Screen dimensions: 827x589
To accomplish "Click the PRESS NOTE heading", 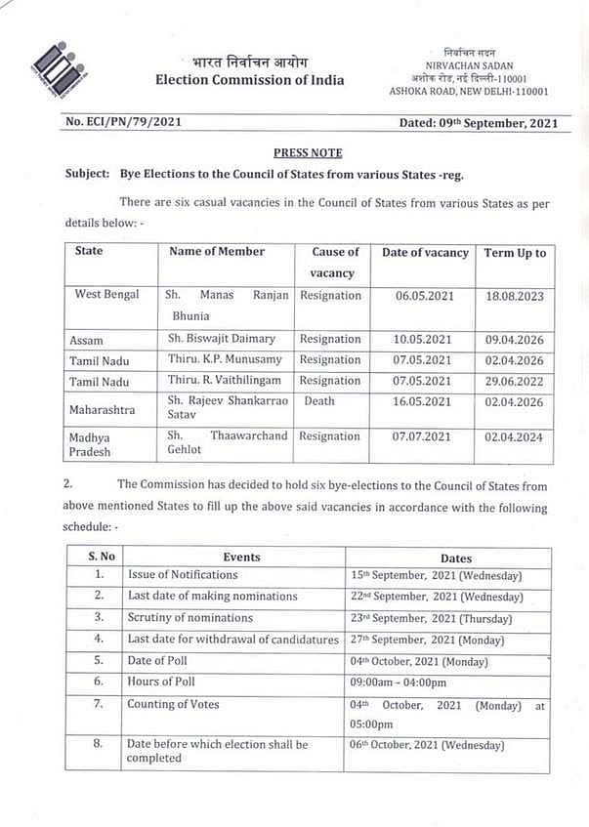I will (x=308, y=153).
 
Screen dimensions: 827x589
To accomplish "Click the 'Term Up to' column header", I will (x=515, y=253).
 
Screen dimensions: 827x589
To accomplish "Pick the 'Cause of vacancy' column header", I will (x=335, y=263).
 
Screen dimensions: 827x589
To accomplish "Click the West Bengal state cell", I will (x=106, y=295).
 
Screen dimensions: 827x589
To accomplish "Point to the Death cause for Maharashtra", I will (x=318, y=400).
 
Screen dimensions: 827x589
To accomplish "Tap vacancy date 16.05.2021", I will (x=422, y=400).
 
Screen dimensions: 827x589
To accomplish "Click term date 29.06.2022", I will (x=514, y=381).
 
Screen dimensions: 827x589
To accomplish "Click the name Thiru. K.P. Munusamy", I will (x=222, y=360).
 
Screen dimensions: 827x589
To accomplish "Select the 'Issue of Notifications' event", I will (x=183, y=575).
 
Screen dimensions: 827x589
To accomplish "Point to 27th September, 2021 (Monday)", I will (x=435, y=640).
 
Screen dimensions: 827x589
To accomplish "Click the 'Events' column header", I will (x=241, y=557).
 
